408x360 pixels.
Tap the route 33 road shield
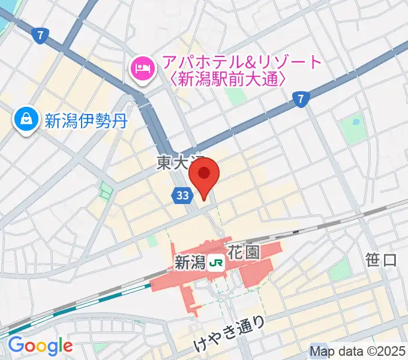184,195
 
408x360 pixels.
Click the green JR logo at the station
216,262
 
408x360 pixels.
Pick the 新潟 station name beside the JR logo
189,262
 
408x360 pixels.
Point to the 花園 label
244,253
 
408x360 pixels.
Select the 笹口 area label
382,260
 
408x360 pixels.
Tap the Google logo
40,346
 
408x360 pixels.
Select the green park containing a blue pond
352,128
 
